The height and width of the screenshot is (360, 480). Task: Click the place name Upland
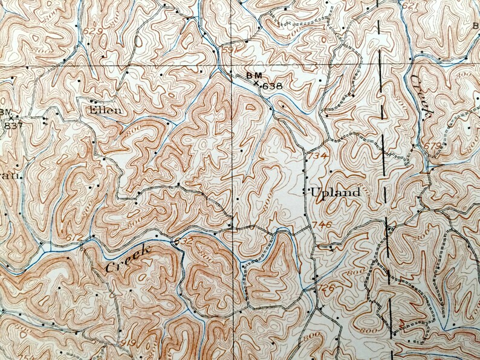point(336,193)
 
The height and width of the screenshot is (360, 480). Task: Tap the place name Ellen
point(105,110)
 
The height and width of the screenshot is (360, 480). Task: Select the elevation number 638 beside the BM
point(272,86)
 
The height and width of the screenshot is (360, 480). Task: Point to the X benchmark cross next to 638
point(256,83)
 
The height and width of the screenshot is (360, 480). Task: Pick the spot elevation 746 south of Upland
point(323,225)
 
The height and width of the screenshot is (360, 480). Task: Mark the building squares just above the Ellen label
point(94,101)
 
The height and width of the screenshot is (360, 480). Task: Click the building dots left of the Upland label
point(304,192)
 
